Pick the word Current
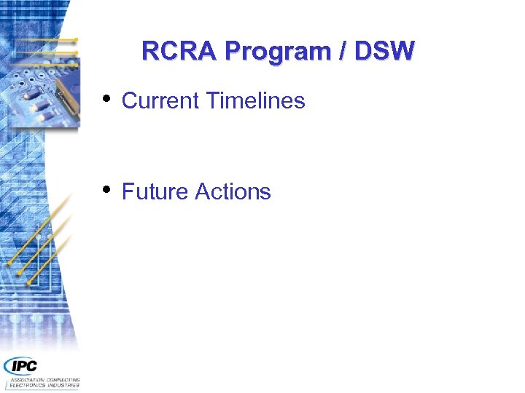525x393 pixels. pos(161,100)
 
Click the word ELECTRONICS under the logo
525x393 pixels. pos(27,386)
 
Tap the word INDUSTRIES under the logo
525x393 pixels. pos(63,386)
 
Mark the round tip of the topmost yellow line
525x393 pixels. pos(75,39)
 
